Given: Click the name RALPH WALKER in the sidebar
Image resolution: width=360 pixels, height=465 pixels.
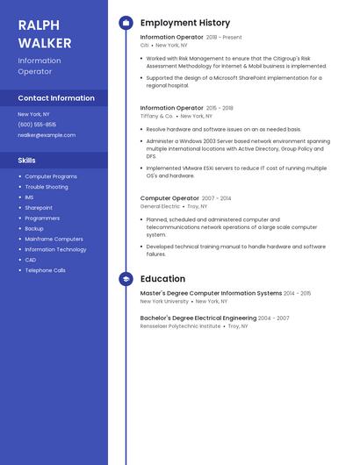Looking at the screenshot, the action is coord(39,33).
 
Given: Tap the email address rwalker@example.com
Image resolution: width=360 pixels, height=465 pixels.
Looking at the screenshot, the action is coord(47,135).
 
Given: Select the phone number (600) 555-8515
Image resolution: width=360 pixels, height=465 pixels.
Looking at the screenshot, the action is coord(37,125).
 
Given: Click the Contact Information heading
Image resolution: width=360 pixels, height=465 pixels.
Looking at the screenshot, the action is coord(56,98).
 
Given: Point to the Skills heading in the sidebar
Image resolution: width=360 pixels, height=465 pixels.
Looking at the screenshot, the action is coord(27,161).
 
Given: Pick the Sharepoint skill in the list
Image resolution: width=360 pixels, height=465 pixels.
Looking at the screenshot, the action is coord(39,208).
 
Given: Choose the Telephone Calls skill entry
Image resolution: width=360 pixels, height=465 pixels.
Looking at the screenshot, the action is coord(46,270).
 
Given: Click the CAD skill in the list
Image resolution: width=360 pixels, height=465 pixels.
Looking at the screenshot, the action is coord(31,260).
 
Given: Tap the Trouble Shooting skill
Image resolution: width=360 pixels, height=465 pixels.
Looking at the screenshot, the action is coord(47,187).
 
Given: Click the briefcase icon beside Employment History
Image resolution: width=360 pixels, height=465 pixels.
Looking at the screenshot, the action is coord(126,23).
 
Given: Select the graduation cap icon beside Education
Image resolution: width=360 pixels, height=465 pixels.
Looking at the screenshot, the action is coord(126,279).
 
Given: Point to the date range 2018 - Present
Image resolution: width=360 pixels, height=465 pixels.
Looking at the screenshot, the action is coord(224,38).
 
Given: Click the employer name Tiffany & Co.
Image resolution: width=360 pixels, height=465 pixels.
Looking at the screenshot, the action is coord(156,116).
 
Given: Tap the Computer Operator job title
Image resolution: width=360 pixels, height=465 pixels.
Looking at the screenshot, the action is coord(169,198).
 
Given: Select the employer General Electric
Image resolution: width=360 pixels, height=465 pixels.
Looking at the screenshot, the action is coord(160,206).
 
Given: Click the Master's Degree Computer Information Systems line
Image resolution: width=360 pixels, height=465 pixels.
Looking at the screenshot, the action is coord(211,293).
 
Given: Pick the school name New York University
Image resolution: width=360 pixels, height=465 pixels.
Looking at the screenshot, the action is coord(164,301).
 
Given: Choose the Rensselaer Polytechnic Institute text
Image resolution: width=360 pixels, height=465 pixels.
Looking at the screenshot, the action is coord(180,325).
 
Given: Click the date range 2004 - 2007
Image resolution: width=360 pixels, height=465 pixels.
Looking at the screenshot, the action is coord(274,318).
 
